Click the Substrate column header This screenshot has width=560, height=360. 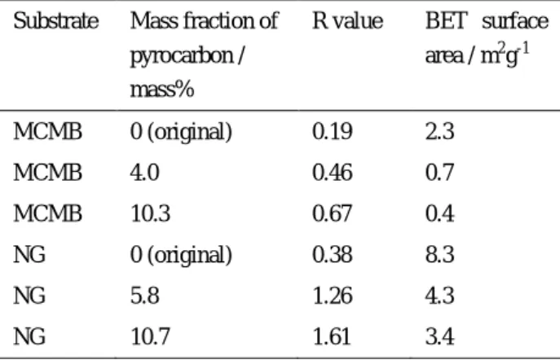coord(56,21)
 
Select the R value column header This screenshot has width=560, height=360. coord(348,21)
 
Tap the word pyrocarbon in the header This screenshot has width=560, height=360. coord(182,56)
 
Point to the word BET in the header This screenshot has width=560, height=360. coord(447,21)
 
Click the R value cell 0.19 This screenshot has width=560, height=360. coord(333,132)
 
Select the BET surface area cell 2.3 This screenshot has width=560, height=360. coord(440,132)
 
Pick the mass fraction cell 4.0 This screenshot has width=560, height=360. coord(144,173)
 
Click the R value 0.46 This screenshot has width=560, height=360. coord(333,173)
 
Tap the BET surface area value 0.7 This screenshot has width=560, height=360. coord(440,173)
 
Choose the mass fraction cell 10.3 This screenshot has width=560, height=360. coord(150,213)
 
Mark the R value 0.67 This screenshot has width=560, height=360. coord(333,213)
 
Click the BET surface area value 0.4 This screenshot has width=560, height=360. coord(440,213)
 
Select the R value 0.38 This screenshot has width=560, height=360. coord(333,255)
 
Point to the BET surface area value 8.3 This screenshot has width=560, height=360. coord(440,255)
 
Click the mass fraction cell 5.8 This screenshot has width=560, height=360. coord(144,296)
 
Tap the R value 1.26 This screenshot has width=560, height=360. coord(333,296)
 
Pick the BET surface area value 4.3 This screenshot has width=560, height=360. coord(440,296)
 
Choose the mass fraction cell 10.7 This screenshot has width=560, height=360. coord(150,337)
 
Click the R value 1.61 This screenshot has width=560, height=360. coord(332,337)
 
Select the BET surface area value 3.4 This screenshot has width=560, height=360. coord(440,337)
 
